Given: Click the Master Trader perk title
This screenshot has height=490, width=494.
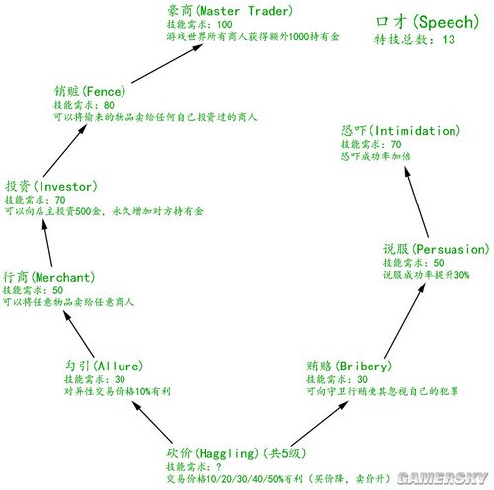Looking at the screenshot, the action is pos(230,11).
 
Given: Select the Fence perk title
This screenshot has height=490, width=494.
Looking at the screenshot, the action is pos(90,91).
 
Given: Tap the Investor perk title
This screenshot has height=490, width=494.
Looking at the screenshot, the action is pos(51,186).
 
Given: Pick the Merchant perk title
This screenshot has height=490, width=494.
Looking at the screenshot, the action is pos(48,277).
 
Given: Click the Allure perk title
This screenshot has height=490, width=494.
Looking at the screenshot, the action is pos(104,366).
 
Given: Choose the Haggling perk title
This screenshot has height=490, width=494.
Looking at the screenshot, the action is pos(236,453).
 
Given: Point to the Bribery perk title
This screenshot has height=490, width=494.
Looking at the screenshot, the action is pos(350,366).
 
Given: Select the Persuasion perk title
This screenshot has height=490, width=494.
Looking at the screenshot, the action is pos(437,249).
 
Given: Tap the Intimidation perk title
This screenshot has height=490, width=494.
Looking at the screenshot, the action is pos(400,131).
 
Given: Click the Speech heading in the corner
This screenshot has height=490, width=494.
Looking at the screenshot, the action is pos(428,22).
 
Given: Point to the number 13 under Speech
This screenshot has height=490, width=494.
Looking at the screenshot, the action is pos(449,40).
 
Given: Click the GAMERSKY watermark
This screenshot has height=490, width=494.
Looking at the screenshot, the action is pos(443,478).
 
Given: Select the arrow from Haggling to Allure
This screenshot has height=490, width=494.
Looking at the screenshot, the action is pos(152,422).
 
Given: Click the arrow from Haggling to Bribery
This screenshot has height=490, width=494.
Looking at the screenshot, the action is pos(320,423).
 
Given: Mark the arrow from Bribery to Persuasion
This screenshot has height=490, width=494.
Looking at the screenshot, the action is pos(405,321).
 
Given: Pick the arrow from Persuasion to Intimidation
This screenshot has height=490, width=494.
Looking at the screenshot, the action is pos(417,202).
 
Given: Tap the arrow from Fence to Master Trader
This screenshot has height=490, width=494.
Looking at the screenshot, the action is pos(167,63).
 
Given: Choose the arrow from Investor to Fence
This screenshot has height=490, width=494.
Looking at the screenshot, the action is pos(65,150).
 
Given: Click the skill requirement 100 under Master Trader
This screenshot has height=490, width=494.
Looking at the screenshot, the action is pos(225,24).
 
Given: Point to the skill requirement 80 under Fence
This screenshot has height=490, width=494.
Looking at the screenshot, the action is pos(109,105).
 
